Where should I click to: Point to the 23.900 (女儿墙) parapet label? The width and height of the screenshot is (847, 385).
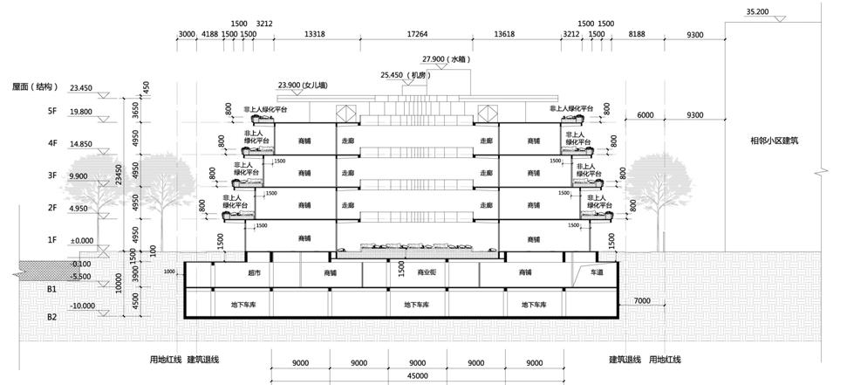(302, 85)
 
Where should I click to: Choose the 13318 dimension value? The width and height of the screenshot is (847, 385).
(315, 34)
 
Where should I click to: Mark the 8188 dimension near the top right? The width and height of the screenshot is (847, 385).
(637, 34)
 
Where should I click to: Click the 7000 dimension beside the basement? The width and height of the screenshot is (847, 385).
(642, 301)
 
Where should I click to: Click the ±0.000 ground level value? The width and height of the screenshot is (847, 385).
(82, 240)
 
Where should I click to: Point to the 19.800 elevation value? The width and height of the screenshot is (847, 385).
(81, 112)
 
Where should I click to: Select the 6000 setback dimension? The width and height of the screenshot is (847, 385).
(645, 115)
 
